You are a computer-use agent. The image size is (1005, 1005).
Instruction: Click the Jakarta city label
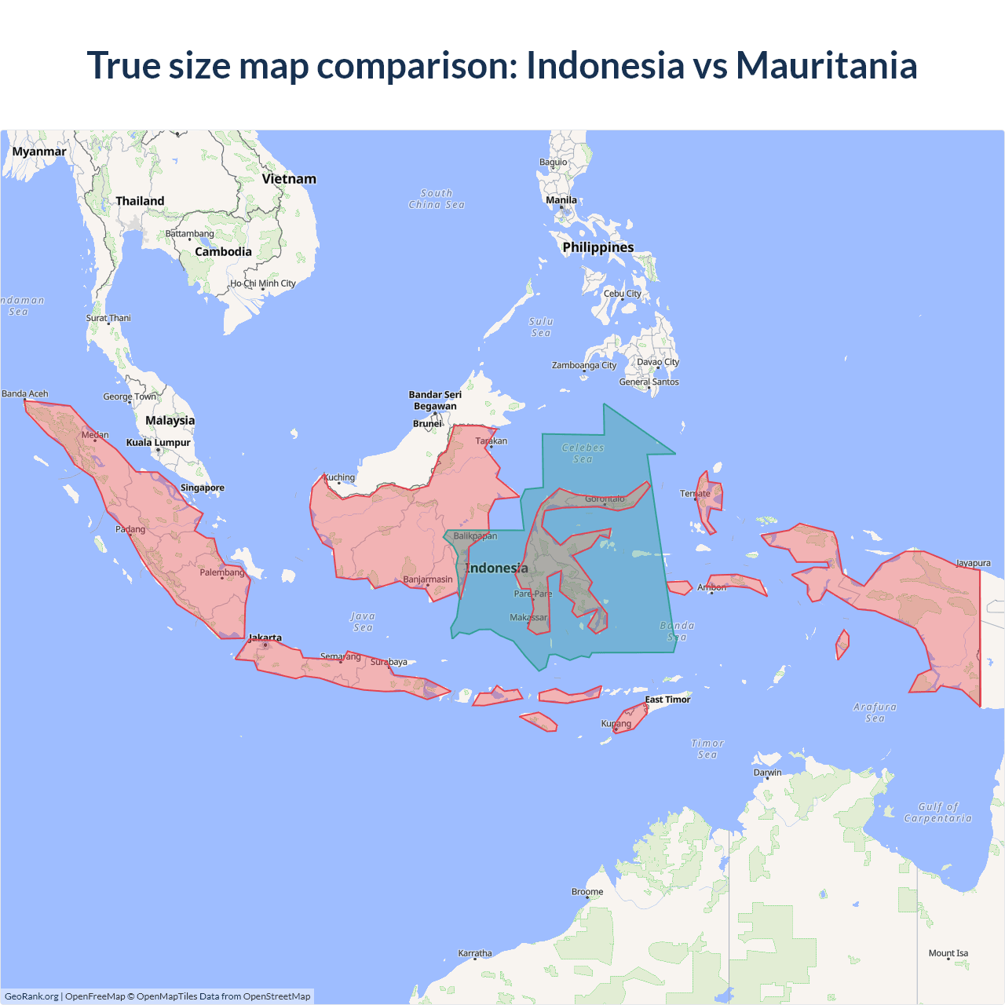(265, 638)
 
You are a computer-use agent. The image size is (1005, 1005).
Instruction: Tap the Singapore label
(202, 488)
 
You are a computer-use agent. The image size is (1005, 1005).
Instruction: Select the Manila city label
(561, 200)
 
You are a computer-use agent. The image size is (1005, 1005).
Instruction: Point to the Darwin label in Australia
(767, 773)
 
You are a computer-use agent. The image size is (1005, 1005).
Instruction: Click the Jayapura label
(973, 563)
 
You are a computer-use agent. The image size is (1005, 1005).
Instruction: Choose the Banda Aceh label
(25, 393)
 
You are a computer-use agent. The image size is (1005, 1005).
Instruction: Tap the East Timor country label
(667, 700)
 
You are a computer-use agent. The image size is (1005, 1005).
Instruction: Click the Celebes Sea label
(583, 453)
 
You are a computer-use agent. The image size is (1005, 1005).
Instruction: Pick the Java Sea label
(363, 622)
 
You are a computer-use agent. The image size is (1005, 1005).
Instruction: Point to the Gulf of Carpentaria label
(937, 812)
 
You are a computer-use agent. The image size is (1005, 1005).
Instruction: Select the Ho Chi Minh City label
(263, 283)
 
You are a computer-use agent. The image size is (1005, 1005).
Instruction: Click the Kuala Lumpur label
(159, 442)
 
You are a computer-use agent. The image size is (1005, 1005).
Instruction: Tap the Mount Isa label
(948, 953)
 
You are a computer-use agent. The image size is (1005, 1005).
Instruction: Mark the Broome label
(587, 892)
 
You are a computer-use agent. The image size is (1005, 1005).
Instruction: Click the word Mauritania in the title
(826, 65)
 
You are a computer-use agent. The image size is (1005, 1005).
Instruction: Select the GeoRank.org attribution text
(31, 996)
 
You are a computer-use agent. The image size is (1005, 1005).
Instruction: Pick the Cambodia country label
(223, 252)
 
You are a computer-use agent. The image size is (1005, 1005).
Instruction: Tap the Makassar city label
(528, 617)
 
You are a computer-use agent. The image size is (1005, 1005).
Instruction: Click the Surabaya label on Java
(389, 662)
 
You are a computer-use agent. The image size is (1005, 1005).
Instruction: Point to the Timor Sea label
(707, 749)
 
